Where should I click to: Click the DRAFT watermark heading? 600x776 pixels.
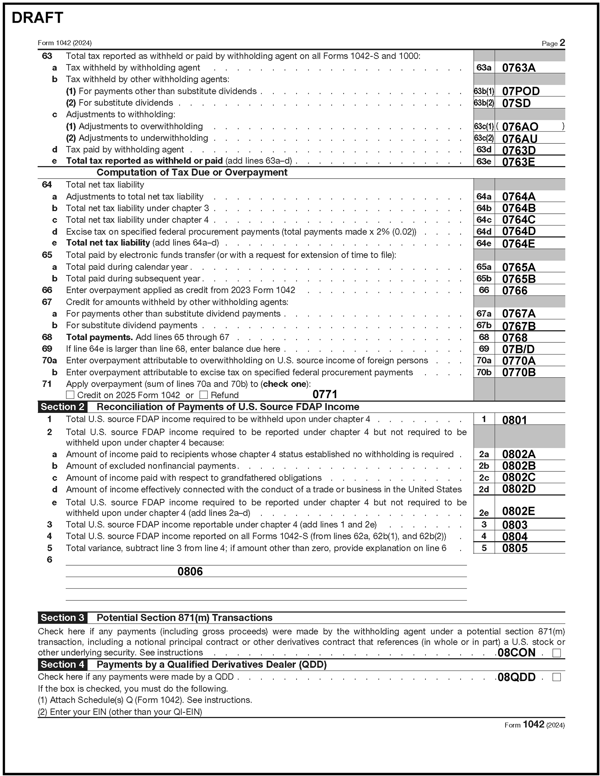[37, 18]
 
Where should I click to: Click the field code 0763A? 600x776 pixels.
[518, 68]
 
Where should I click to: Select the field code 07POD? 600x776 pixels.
[521, 91]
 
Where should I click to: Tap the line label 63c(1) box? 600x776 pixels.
[484, 126]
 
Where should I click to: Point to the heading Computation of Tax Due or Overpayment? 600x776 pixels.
[192, 173]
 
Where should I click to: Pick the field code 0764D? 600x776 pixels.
[518, 231]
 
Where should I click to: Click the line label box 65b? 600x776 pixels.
[484, 279]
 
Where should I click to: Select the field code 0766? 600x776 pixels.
[514, 291]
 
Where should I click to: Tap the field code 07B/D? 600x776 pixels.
[518, 349]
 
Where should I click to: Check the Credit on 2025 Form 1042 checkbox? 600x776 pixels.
[70, 395]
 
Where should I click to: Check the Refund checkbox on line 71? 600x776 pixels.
[203, 395]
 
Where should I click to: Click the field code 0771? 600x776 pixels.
[324, 394]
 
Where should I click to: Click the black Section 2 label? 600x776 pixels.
[62, 407]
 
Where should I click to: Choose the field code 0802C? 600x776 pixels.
[518, 477]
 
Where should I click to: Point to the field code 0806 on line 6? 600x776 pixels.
[190, 572]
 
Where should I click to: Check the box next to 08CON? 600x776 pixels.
[556, 653]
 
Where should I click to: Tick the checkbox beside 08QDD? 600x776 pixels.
[556, 678]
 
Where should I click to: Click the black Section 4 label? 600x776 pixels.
[62, 665]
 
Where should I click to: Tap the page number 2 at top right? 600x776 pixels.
[562, 43]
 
